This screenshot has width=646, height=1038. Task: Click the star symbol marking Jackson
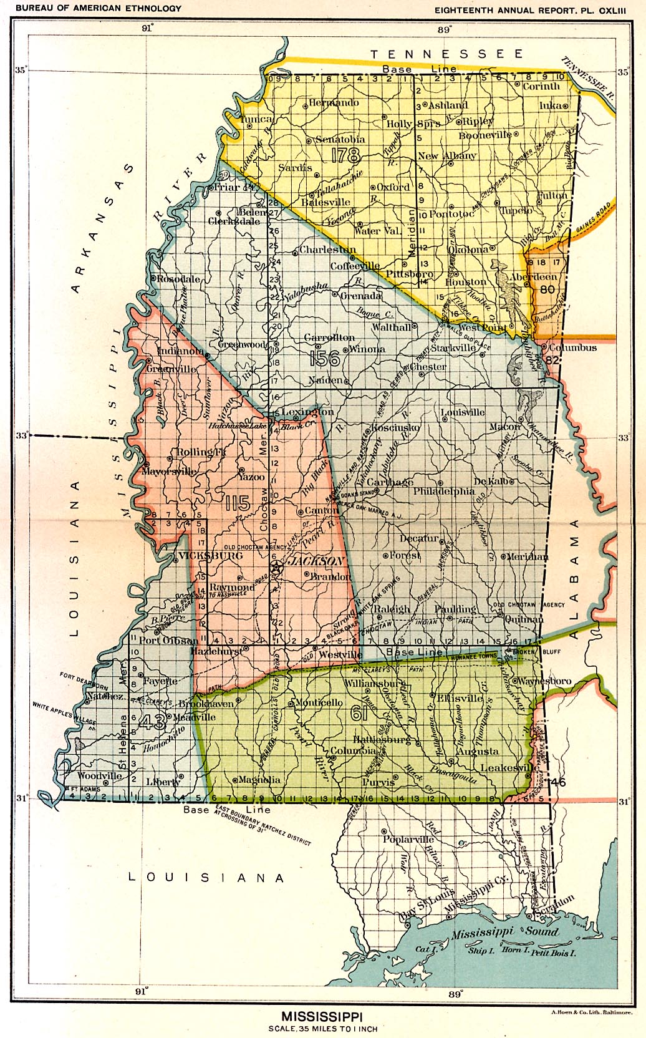coord(276,568)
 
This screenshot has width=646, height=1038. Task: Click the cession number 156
coord(324,358)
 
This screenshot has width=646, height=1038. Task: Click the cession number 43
coord(152,722)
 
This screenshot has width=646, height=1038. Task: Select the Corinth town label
coord(541,87)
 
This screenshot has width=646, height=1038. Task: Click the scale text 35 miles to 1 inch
coord(323,1029)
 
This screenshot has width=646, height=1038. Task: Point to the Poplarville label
coord(408,839)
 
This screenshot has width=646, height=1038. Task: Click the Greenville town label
coord(171,369)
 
